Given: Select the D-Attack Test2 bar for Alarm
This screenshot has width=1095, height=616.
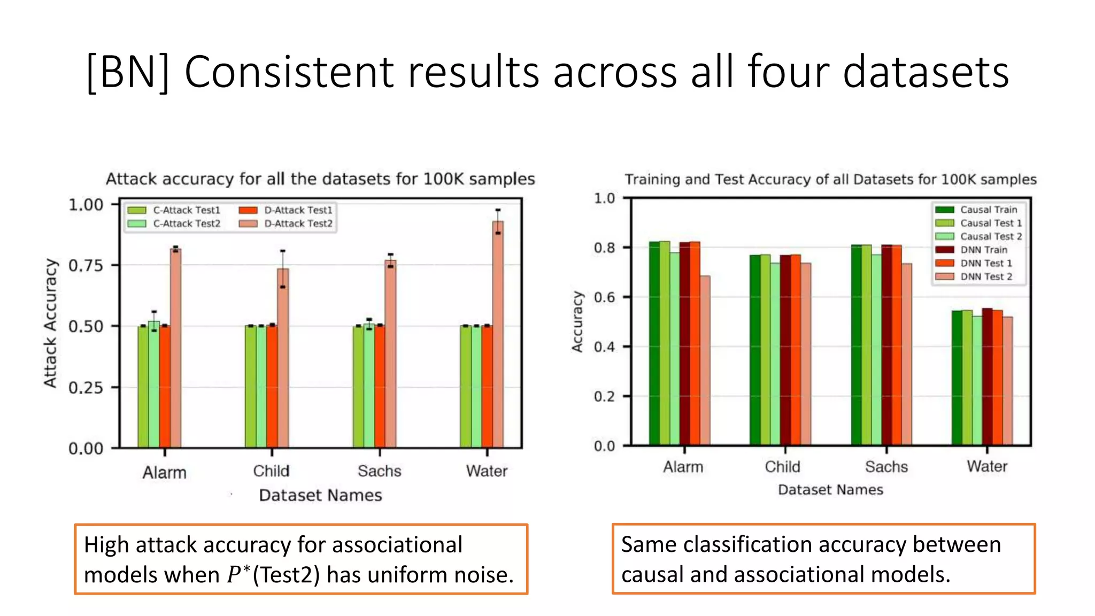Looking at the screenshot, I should coord(175,348).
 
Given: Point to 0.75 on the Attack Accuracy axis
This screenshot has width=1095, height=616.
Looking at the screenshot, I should coord(86,266).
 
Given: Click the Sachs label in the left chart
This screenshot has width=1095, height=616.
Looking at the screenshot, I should coord(379,471).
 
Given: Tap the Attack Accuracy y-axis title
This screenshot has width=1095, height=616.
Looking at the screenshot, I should coord(50,323).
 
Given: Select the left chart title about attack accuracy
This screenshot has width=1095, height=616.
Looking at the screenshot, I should coord(320,179).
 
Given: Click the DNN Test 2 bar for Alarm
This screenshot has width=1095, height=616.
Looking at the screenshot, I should coord(705,360).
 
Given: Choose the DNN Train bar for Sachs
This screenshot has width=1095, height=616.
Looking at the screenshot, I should coord(886,345).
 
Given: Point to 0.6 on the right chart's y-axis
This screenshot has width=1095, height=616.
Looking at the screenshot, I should coord(604,297).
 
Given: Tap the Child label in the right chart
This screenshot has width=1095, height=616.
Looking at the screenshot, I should coord(782,467).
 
